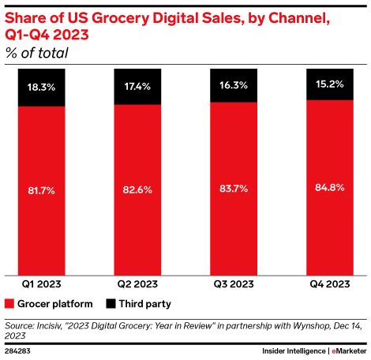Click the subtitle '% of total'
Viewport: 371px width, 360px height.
click(36, 53)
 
